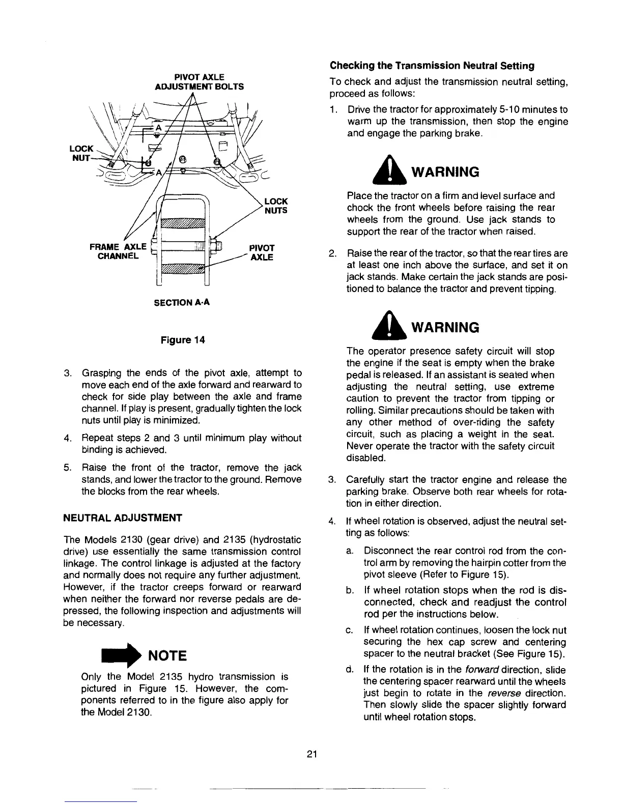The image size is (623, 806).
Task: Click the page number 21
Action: tap(312, 754)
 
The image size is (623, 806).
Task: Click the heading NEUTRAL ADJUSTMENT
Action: tap(122, 518)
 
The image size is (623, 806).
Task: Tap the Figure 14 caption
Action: tap(183, 340)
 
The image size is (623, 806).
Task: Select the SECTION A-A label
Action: tap(182, 302)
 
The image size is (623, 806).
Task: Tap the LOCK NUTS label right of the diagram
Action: tap(276, 206)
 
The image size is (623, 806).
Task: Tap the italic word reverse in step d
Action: tap(504, 694)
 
